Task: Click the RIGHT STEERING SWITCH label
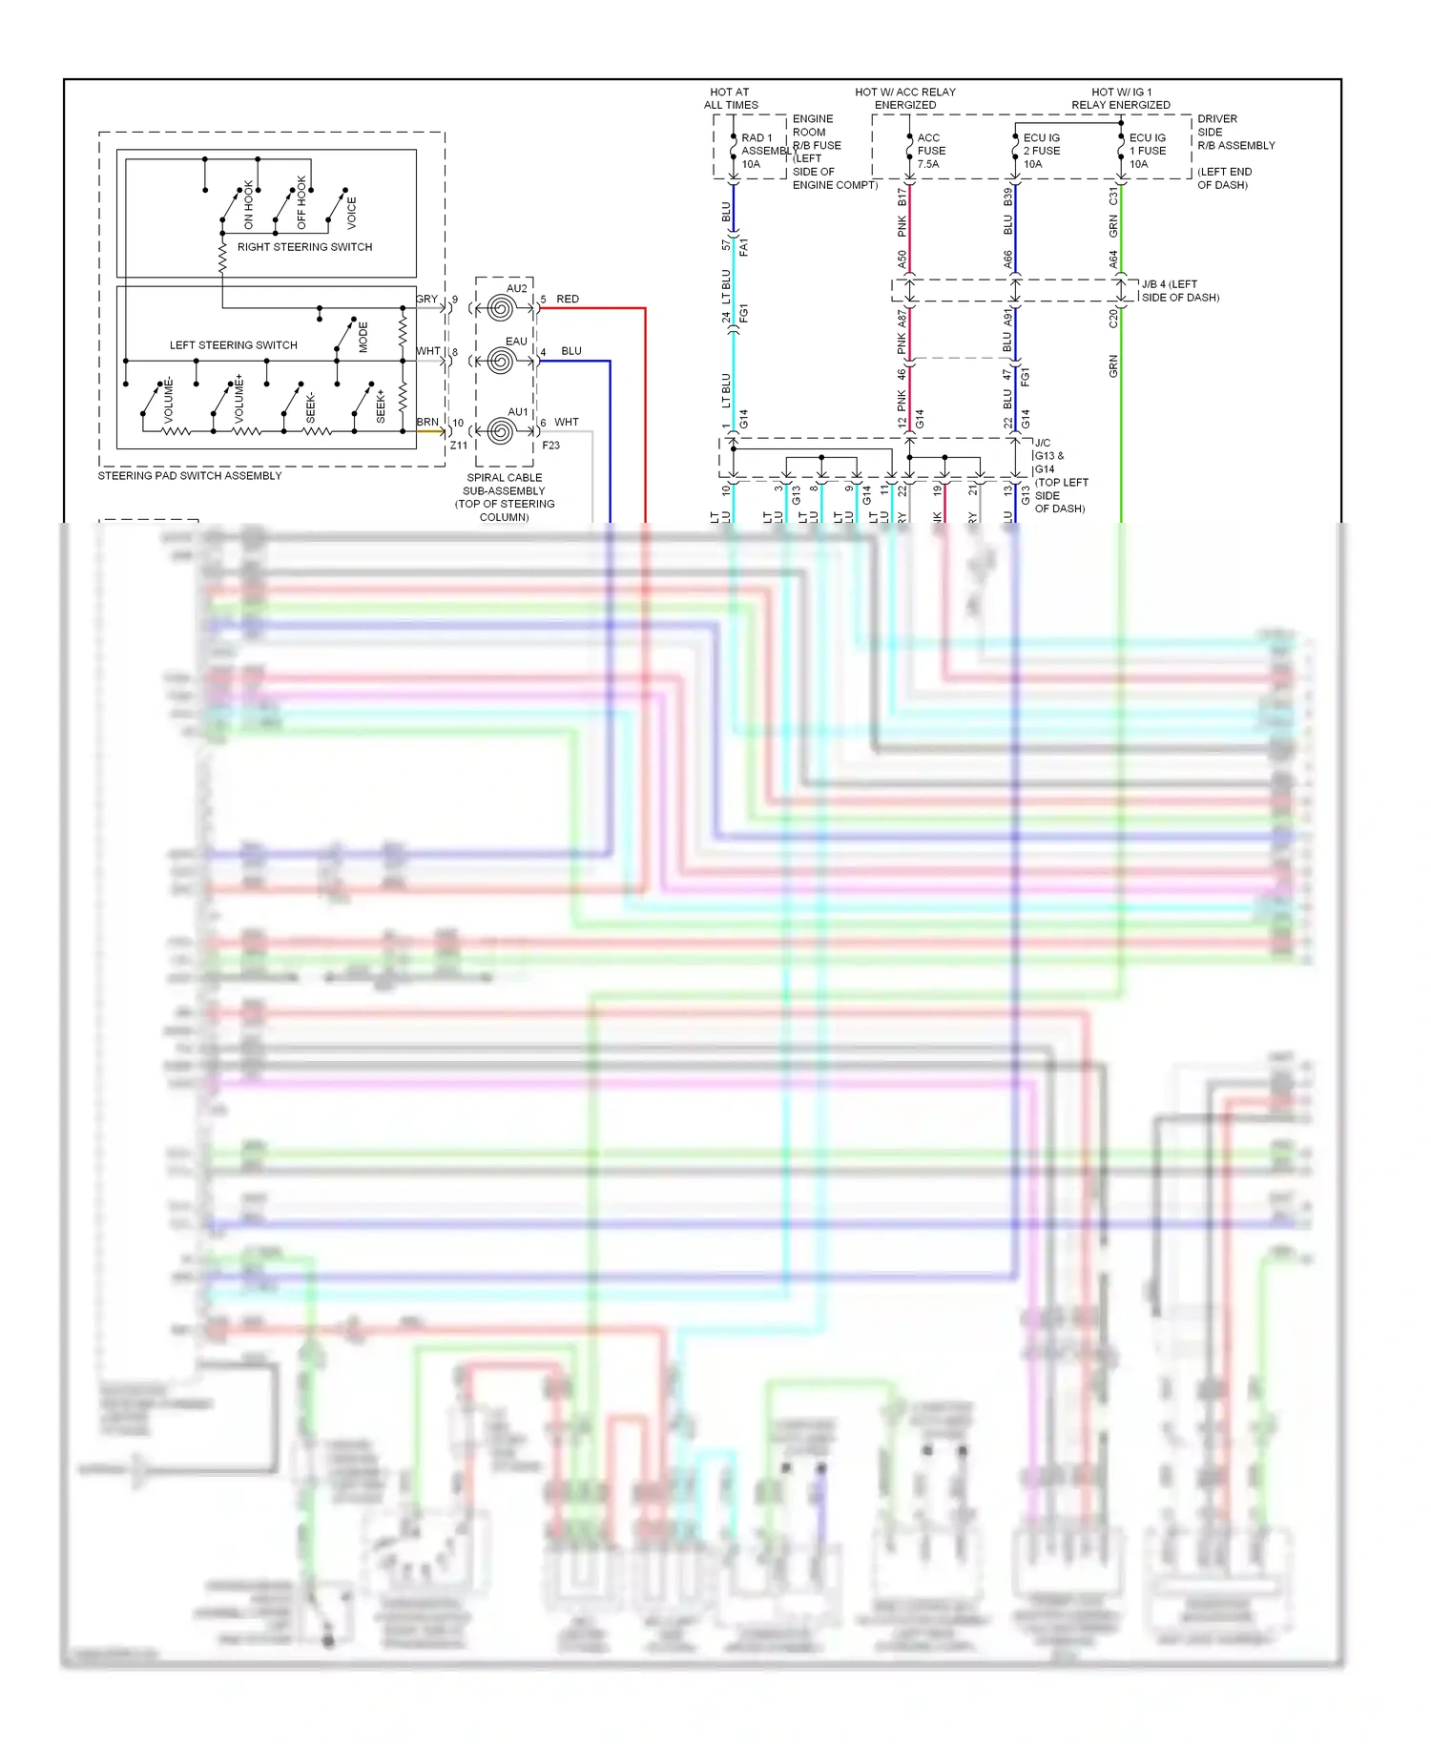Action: click(x=304, y=247)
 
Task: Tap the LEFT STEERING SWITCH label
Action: click(x=233, y=345)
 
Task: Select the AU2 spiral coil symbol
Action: click(x=501, y=308)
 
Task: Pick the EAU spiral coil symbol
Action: click(x=501, y=361)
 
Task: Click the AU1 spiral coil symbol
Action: click(x=501, y=431)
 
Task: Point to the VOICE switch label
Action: click(x=351, y=213)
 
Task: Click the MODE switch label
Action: click(x=363, y=337)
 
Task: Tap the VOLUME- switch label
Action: click(x=169, y=401)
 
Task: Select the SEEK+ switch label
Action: click(x=381, y=405)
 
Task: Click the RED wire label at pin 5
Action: click(x=568, y=300)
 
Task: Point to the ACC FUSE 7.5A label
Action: click(x=930, y=151)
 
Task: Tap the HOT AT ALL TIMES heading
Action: click(x=731, y=98)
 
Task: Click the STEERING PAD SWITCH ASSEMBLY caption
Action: click(x=190, y=476)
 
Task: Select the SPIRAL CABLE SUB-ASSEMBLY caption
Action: click(x=504, y=485)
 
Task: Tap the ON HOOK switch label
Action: click(x=249, y=204)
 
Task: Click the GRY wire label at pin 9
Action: click(x=426, y=300)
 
